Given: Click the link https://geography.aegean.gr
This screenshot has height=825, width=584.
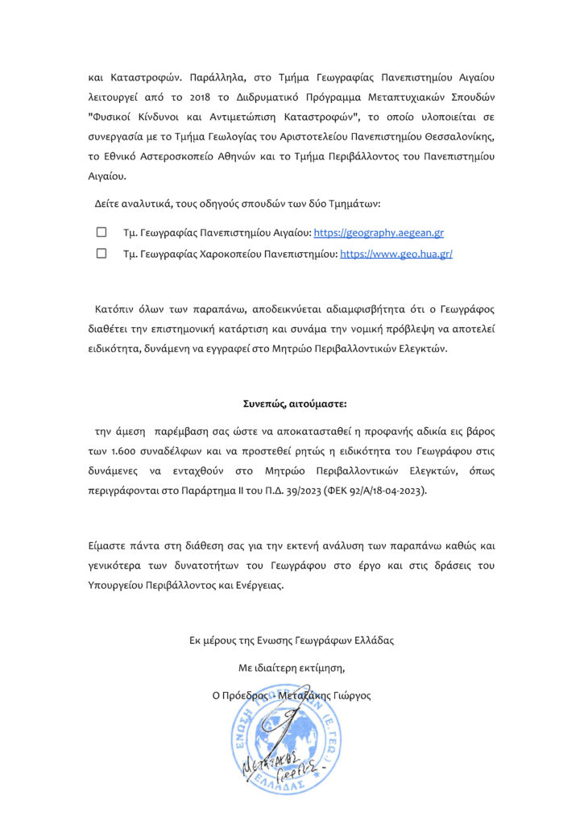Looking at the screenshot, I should pyautogui.click(x=379, y=233).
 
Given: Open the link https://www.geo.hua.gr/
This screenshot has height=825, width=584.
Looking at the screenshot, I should pyautogui.click(x=396, y=254).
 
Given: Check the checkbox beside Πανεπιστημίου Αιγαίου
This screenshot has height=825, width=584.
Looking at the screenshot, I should pyautogui.click(x=101, y=233).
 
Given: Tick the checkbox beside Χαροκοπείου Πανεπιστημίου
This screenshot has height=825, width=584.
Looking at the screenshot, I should pyautogui.click(x=101, y=254).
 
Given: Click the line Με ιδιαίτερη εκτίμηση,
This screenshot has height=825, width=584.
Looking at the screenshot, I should pyautogui.click(x=292, y=668).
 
